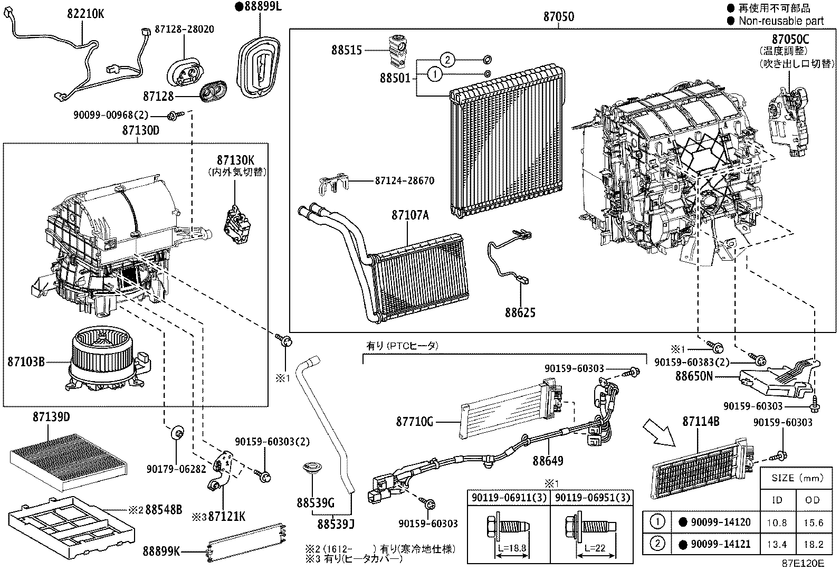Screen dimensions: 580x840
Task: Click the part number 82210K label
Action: pos(85,14)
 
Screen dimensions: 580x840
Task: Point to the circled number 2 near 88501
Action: pos(447,59)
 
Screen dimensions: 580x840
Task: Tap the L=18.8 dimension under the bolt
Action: pos(511,548)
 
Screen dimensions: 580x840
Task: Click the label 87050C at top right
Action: pos(790,39)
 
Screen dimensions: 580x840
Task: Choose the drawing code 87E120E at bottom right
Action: pos(803,563)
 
